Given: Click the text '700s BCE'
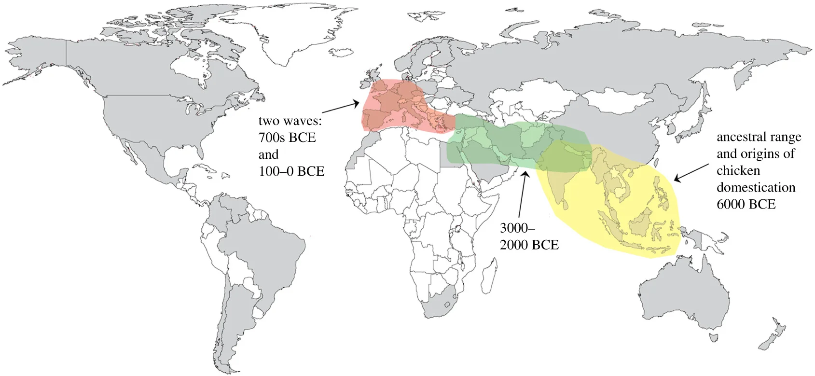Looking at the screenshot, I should coord(287,138).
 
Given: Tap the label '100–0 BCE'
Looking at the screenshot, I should coord(291,171).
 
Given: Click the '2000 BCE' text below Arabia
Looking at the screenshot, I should coord(529,245).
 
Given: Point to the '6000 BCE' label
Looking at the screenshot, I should coord(746,204).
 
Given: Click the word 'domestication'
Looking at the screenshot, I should coord(756,187).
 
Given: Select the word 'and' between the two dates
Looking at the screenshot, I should coord(268,154).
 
